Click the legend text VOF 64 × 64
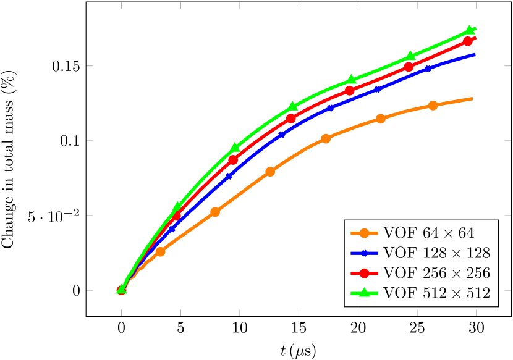pyautogui.click(x=428, y=233)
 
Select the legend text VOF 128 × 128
pyautogui.click(x=436, y=253)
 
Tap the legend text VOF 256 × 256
pyautogui.click(x=436, y=274)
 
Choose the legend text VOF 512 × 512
pyautogui.click(x=436, y=293)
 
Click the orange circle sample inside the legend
pyautogui.click(x=364, y=233)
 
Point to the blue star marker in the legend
pyautogui.click(x=364, y=253)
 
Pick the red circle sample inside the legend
pyautogui.click(x=364, y=274)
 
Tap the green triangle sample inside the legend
pyautogui.click(x=364, y=293)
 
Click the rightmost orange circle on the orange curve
pyautogui.click(x=433, y=105)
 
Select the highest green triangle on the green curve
pyautogui.click(x=470, y=30)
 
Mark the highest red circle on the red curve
pyautogui.click(x=468, y=41)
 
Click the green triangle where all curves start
pyautogui.click(x=122, y=288)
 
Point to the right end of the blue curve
pyautogui.click(x=475, y=55)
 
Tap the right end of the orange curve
pyautogui.click(x=473, y=99)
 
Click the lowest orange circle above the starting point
pyautogui.click(x=160, y=251)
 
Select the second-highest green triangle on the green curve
pyautogui.click(x=411, y=56)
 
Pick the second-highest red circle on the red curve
pyautogui.click(x=409, y=67)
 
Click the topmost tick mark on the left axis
pyautogui.click(x=90, y=65)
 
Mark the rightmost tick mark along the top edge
pyautogui.click(x=476, y=6)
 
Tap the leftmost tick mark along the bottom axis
pyautogui.click(x=121, y=312)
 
